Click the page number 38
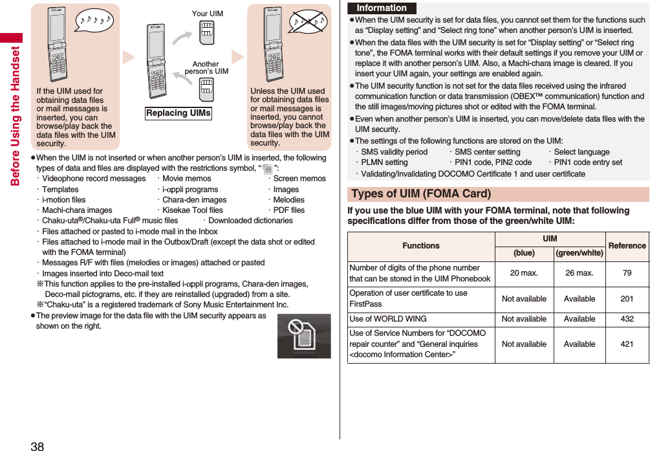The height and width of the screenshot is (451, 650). [x=37, y=445]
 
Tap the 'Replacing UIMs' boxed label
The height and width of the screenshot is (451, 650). [x=179, y=113]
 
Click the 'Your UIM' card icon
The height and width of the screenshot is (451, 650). [x=207, y=33]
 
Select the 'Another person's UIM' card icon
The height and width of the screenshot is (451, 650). [x=206, y=89]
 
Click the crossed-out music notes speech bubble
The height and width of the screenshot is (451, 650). [x=308, y=23]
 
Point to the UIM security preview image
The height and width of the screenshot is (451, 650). [x=304, y=336]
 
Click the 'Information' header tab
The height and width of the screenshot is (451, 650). [x=382, y=8]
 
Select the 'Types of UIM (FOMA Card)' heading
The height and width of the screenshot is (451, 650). [x=421, y=194]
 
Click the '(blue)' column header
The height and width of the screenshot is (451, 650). [x=524, y=253]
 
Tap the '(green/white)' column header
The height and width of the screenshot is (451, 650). [x=580, y=253]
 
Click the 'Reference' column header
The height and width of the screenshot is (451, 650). [x=627, y=246]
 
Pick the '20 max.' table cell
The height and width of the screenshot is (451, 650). [x=524, y=273]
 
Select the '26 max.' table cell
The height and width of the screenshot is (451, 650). [x=580, y=273]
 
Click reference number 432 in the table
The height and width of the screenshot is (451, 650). [x=627, y=319]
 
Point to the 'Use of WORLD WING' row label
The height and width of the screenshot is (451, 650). [x=388, y=319]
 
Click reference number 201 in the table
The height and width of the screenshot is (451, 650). [x=627, y=299]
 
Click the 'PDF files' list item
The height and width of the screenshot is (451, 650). [x=288, y=210]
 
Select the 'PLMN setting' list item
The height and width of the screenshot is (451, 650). [x=384, y=163]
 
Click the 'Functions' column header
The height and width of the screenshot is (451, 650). [x=420, y=246]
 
